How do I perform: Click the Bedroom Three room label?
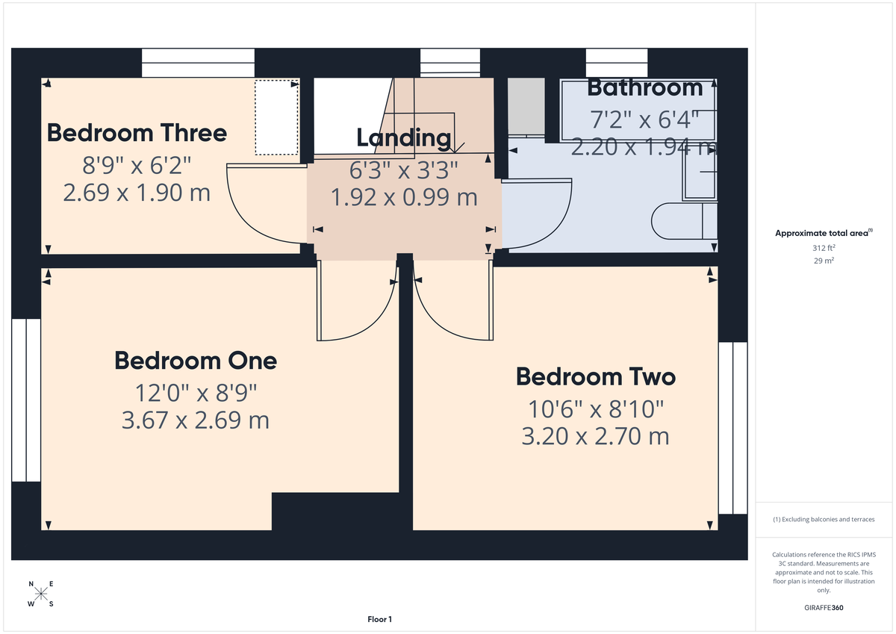point(137,133)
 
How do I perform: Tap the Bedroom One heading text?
point(196,361)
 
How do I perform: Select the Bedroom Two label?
point(595,376)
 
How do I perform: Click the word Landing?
point(403,137)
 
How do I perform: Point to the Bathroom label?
point(644,87)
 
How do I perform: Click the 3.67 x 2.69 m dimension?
point(195,420)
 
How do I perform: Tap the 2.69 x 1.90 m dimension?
point(137,193)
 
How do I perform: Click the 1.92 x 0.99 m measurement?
point(403,197)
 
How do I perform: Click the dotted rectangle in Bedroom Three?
point(276,117)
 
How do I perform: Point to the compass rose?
point(41,594)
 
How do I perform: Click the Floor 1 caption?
point(379,619)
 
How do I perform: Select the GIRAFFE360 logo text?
point(824,608)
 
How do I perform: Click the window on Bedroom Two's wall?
point(732,428)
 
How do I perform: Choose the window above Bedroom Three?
point(197,63)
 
